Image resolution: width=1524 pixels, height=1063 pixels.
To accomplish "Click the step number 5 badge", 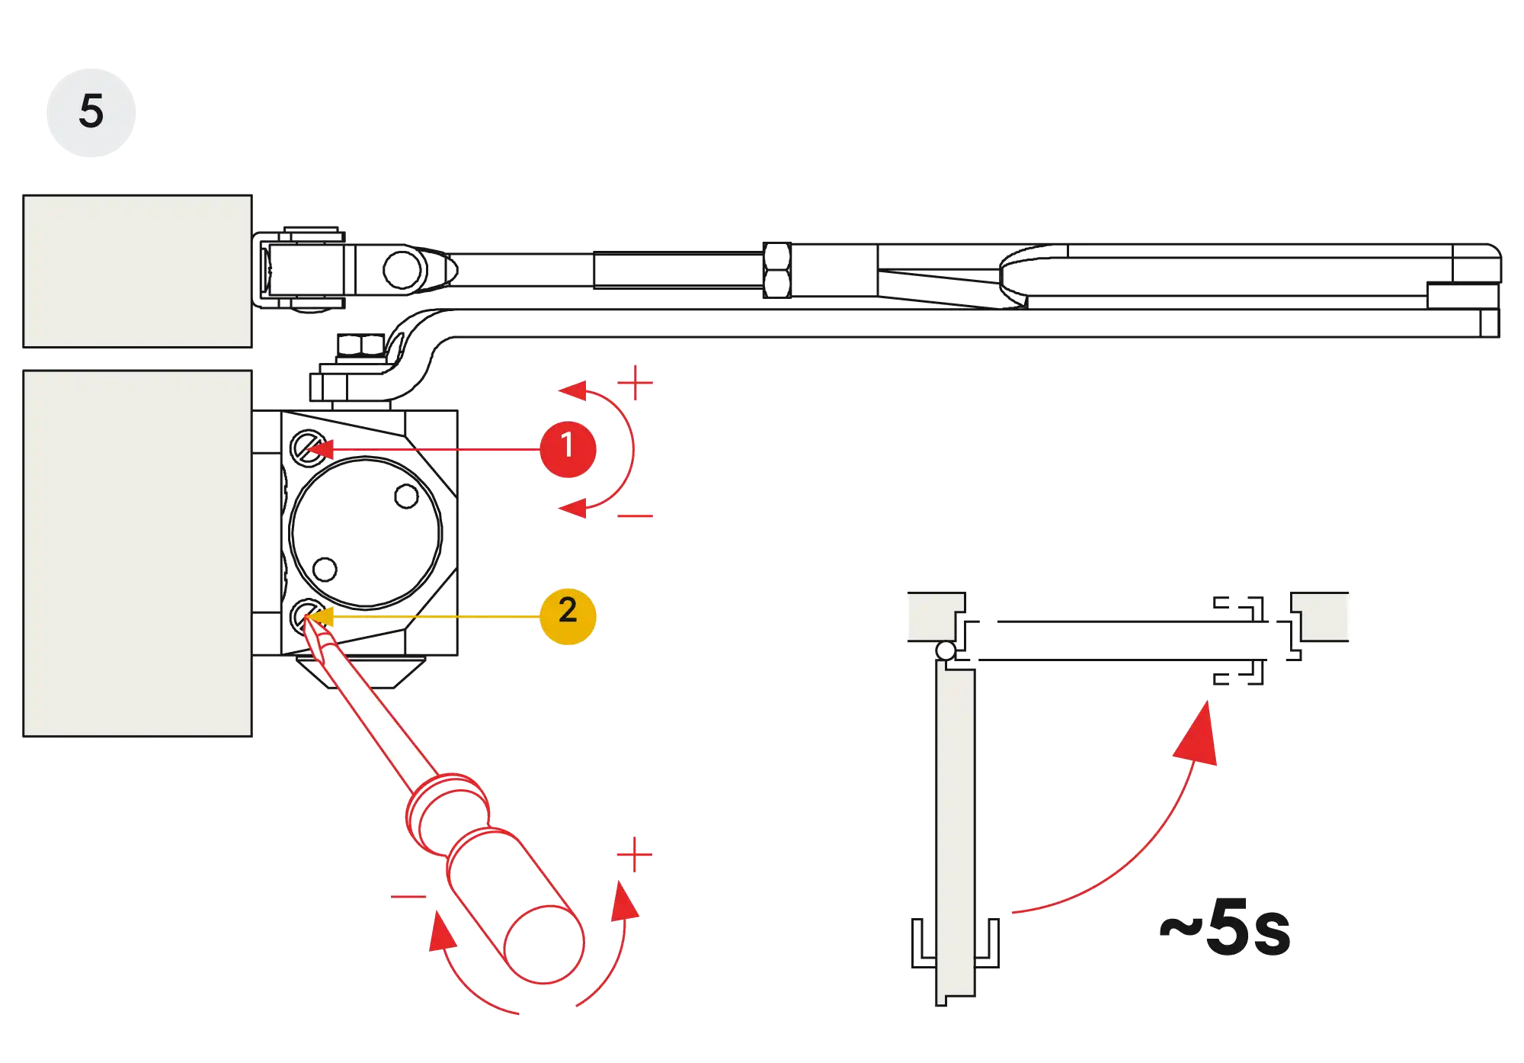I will (x=91, y=111).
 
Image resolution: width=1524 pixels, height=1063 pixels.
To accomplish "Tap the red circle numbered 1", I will (x=567, y=448).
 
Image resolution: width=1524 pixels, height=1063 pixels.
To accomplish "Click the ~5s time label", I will (x=1225, y=928).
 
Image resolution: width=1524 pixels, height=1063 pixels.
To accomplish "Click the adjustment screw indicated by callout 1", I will (x=309, y=445).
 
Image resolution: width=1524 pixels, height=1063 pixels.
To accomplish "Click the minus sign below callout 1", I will (x=636, y=516).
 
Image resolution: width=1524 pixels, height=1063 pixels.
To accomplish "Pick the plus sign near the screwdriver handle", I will (x=634, y=854).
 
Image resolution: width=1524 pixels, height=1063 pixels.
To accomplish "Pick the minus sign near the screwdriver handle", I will (x=408, y=896).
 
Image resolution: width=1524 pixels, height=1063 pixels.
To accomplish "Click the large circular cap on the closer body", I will (x=366, y=531).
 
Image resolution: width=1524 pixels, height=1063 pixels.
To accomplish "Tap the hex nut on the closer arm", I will (x=776, y=268).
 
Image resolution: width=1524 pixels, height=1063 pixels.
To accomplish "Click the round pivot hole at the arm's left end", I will (x=401, y=269).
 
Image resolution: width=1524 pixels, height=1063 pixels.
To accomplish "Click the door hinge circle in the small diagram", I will (x=945, y=651).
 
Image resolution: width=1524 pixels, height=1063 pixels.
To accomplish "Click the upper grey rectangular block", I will (x=137, y=271).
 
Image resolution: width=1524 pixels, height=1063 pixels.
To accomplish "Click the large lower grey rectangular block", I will (x=137, y=553).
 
